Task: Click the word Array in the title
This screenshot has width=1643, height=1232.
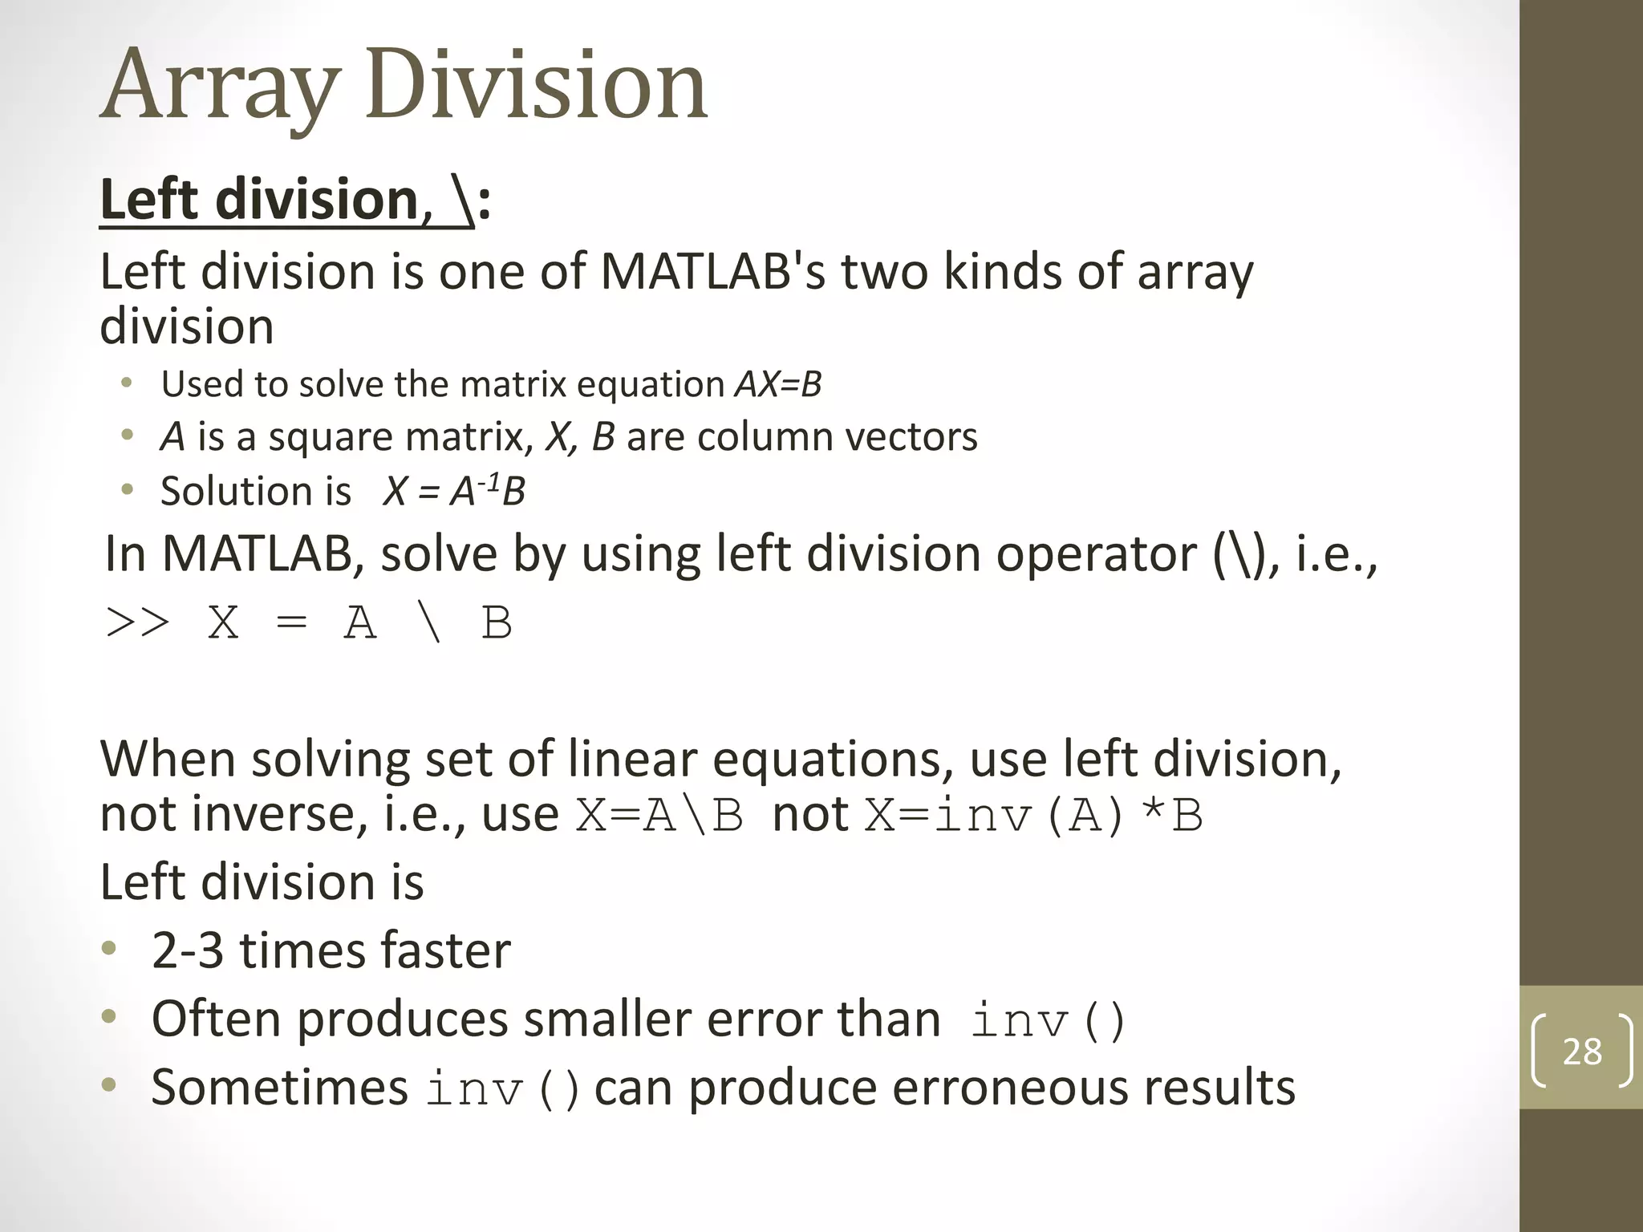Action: pyautogui.click(x=218, y=87)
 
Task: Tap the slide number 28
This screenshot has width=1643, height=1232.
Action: pyautogui.click(x=1582, y=1052)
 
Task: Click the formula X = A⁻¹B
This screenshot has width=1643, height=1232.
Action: pyautogui.click(x=454, y=491)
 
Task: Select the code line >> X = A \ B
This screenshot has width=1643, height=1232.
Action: pyautogui.click(x=308, y=623)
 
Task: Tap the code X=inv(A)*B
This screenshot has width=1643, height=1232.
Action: pyautogui.click(x=1033, y=817)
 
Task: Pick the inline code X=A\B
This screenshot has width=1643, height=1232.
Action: pyautogui.click(x=659, y=817)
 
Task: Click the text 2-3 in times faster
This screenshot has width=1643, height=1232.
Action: pyautogui.click(x=187, y=950)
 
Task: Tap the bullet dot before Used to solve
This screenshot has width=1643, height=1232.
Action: pyautogui.click(x=126, y=383)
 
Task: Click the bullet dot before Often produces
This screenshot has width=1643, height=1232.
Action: pyautogui.click(x=109, y=1018)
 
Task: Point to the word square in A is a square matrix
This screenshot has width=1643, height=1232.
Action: pyautogui.click(x=329, y=438)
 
